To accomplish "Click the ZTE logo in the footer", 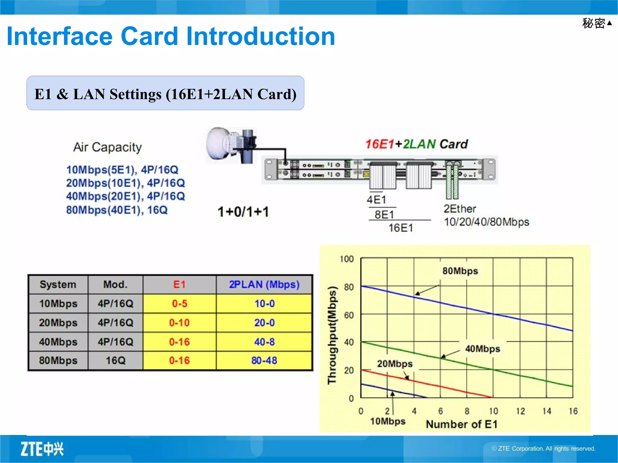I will [42, 449].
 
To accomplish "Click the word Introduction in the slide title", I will [260, 36].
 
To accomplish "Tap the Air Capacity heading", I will [107, 147].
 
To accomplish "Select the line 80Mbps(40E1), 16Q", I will [117, 210].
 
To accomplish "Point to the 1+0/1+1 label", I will [243, 212].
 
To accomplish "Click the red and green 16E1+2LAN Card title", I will [416, 144].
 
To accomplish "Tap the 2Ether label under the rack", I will [459, 209].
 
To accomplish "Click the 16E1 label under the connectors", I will [400, 228].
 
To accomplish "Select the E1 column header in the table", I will [179, 285].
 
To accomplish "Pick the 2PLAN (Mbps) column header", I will [264, 285].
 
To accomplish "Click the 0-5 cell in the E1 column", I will [179, 304].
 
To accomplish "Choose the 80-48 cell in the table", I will [264, 361].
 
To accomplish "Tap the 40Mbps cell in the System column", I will [58, 342].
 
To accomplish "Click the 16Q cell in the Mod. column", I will [115, 361].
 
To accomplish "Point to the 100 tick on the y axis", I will [346, 259].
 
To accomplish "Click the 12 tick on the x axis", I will [520, 411].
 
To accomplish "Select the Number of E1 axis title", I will [461, 424].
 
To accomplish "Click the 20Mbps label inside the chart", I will [394, 364].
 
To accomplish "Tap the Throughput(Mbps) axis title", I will [332, 335].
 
